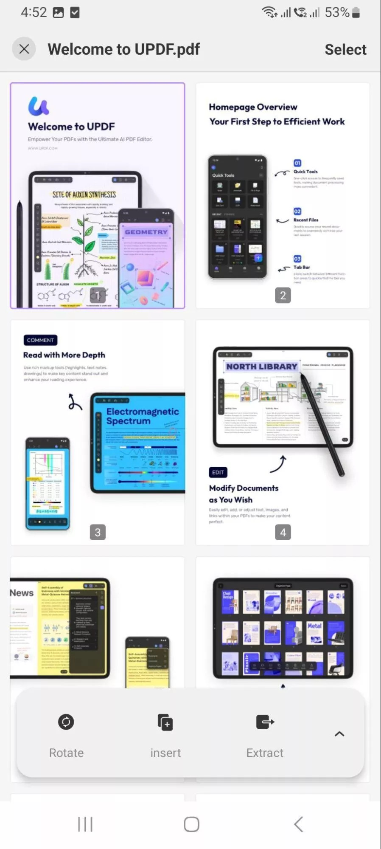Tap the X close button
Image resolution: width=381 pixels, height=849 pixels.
[24, 49]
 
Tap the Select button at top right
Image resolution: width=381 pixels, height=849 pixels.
[345, 49]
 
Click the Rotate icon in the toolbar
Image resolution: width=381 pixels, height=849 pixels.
[66, 722]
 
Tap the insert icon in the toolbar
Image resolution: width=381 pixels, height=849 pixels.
[165, 722]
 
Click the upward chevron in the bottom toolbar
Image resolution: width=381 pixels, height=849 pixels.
[339, 734]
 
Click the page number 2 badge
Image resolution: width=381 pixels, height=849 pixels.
[283, 295]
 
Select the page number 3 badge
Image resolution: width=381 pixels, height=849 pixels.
[98, 532]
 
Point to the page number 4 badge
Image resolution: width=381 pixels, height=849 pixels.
[283, 532]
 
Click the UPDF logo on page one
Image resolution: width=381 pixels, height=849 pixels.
[39, 106]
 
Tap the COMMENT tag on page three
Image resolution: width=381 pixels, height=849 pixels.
[40, 340]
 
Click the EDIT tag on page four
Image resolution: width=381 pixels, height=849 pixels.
[218, 472]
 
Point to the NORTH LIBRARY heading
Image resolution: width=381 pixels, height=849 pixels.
[261, 366]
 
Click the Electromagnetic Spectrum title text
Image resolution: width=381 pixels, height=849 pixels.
[142, 416]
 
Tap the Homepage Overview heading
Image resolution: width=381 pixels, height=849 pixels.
[253, 107]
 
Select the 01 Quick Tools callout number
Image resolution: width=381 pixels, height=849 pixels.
[297, 163]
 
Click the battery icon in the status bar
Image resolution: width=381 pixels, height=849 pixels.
[356, 13]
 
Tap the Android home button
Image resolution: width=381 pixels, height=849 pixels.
[191, 824]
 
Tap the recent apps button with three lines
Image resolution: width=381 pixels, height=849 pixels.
[85, 824]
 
